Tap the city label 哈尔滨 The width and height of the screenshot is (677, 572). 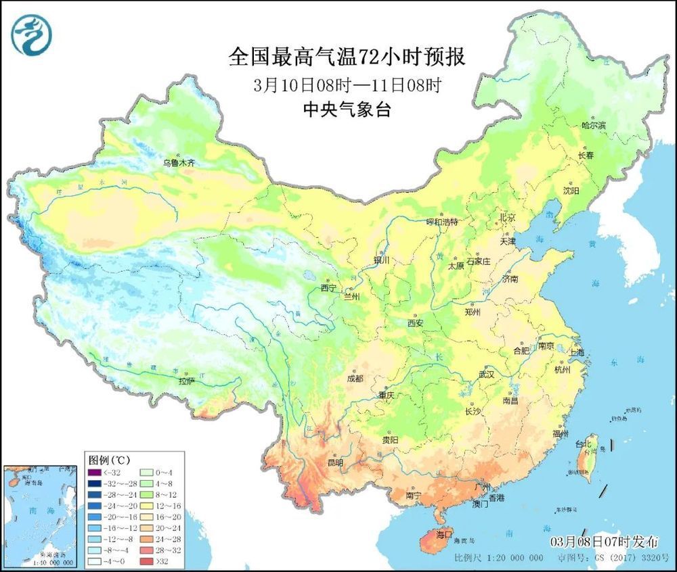594,126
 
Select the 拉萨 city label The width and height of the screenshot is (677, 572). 188,381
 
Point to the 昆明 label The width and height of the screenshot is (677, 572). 335,463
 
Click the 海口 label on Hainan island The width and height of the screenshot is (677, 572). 443,534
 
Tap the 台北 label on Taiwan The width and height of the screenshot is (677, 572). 583,444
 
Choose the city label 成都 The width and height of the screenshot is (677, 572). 355,378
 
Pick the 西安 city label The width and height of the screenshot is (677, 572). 415,323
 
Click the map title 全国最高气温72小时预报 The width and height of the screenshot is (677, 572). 347,57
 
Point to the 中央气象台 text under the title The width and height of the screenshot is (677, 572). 347,110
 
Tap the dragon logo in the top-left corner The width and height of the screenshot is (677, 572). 31,36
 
